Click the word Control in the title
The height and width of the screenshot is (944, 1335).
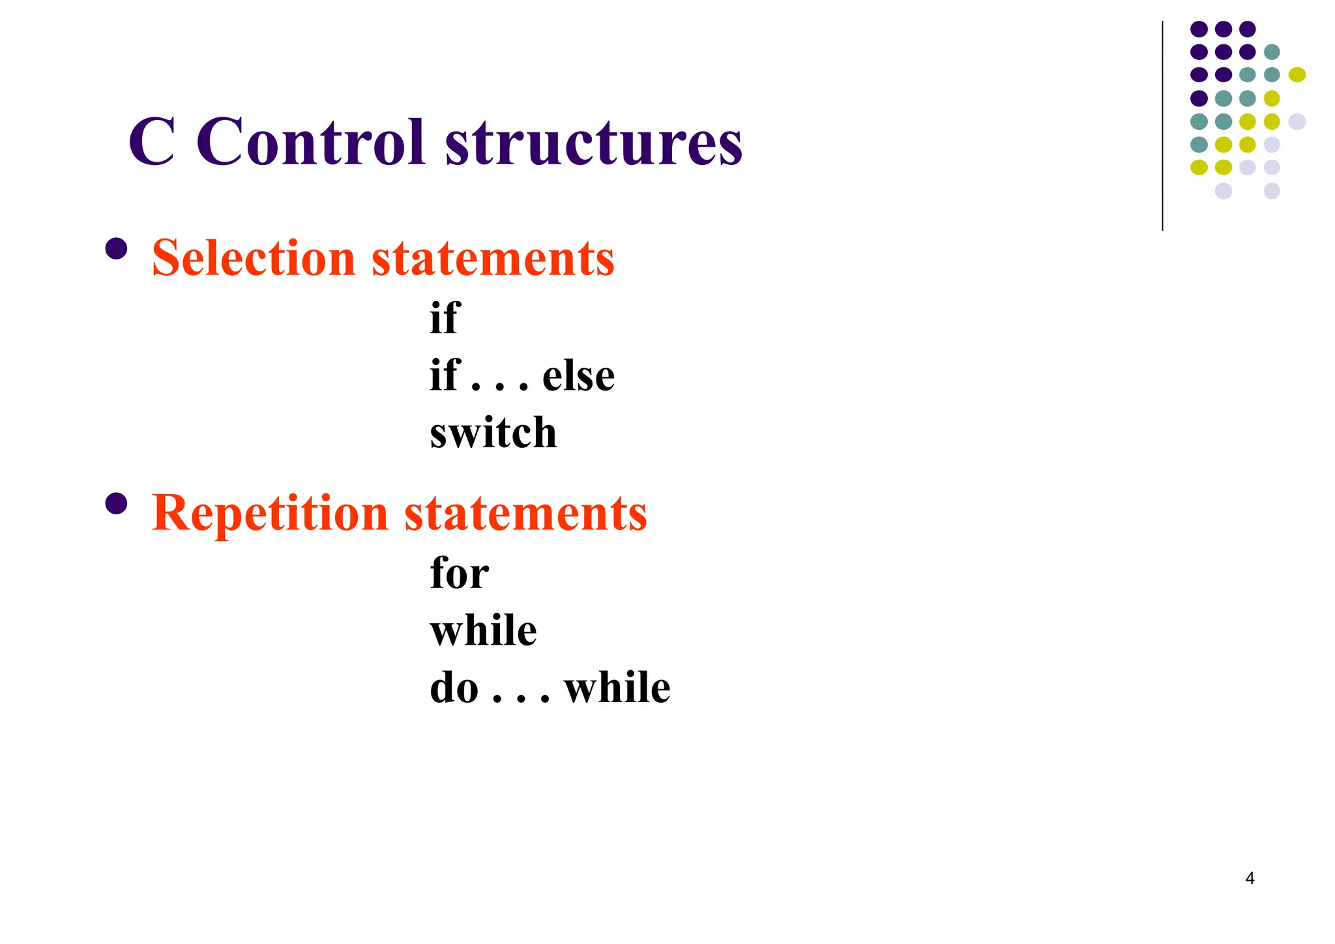[310, 142]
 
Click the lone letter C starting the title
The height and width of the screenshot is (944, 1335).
[151, 142]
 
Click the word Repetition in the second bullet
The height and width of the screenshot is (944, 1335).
[270, 514]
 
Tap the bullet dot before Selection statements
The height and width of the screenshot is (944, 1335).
[116, 249]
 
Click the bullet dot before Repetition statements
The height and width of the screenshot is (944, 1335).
[116, 504]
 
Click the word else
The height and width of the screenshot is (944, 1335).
[578, 376]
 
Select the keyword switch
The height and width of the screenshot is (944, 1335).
[493, 433]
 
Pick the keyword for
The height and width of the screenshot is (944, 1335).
[459, 573]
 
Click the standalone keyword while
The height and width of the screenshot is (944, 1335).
[483, 630]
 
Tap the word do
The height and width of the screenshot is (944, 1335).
[454, 688]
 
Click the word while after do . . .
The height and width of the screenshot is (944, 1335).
[617, 688]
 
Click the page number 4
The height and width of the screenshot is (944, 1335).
[1250, 878]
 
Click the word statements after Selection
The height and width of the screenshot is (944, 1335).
[493, 258]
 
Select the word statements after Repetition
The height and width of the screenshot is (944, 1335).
[525, 514]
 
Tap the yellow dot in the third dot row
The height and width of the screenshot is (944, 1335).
[1297, 75]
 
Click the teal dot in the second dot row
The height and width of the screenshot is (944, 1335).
[1272, 52]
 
